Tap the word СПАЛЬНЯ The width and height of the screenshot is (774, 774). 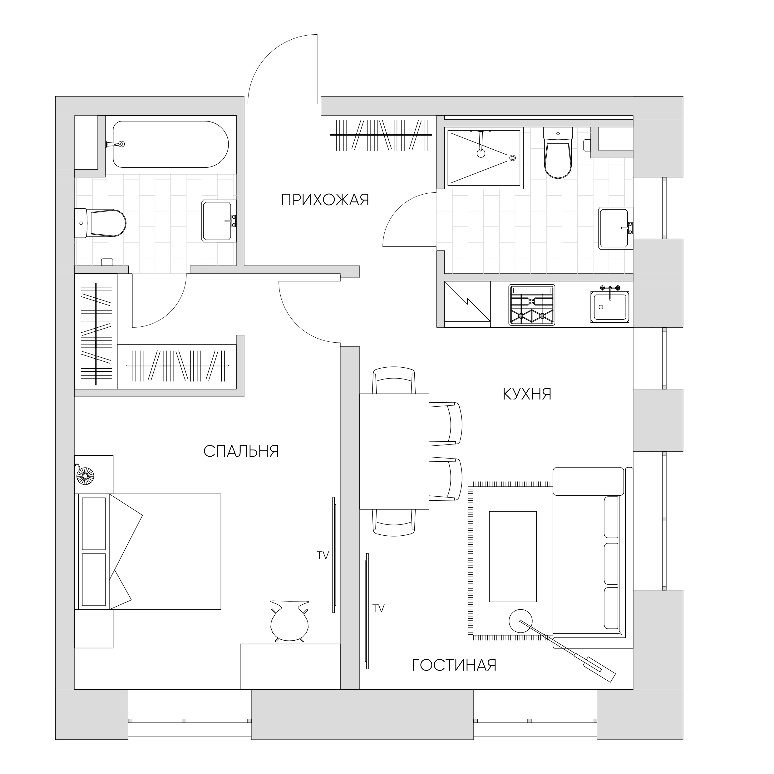pyautogui.click(x=241, y=451)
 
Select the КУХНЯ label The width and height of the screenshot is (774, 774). pyautogui.click(x=527, y=394)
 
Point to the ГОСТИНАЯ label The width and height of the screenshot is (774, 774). pyautogui.click(x=454, y=665)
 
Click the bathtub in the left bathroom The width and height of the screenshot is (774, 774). pyautogui.click(x=171, y=144)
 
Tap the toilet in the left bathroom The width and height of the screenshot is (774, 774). pyautogui.click(x=101, y=223)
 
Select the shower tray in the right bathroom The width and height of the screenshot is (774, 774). pyautogui.click(x=484, y=157)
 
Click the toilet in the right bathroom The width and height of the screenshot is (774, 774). pyautogui.click(x=558, y=153)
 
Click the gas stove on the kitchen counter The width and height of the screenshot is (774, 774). pyautogui.click(x=532, y=305)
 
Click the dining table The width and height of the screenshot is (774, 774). pyautogui.click(x=394, y=451)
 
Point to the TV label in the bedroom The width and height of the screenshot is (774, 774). pyautogui.click(x=323, y=556)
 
